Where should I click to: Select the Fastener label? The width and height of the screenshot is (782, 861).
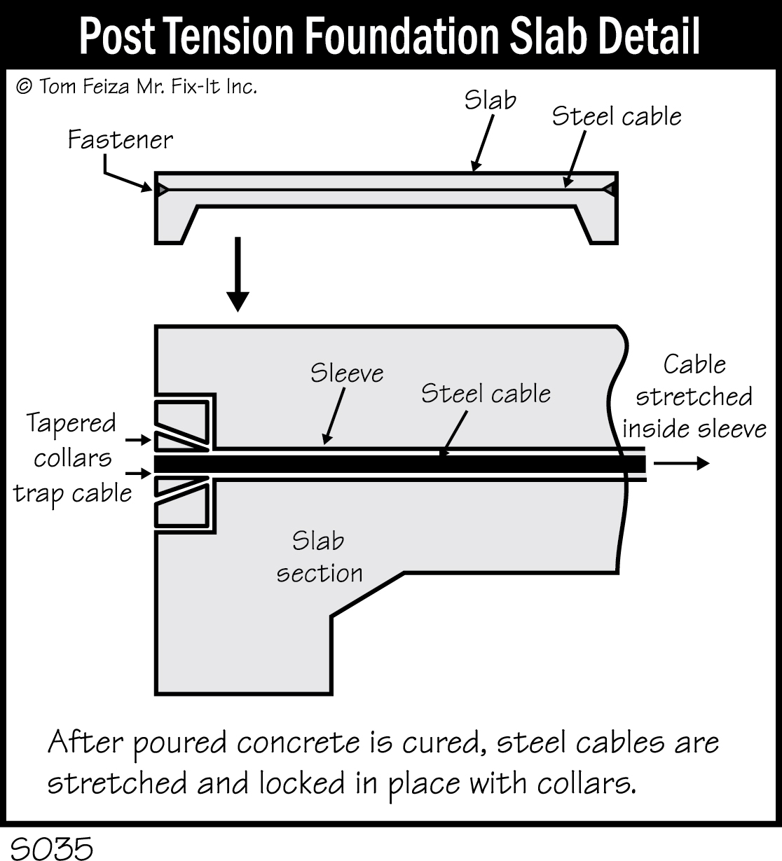[120, 140]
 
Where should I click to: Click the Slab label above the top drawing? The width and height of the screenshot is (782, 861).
[490, 101]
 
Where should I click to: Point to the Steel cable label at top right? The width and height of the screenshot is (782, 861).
[616, 116]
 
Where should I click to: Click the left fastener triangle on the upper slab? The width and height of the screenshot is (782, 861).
[162, 190]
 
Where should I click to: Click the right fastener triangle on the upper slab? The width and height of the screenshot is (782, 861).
[609, 189]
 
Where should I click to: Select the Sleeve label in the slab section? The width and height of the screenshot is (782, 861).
[347, 373]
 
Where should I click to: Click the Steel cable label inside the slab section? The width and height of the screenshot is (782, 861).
[485, 394]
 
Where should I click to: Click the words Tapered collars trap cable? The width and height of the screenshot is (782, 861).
[72, 458]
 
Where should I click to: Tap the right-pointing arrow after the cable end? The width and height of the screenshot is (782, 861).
[681, 464]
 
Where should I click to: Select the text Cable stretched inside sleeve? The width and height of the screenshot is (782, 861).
[694, 397]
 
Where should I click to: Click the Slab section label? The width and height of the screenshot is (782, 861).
[319, 557]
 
